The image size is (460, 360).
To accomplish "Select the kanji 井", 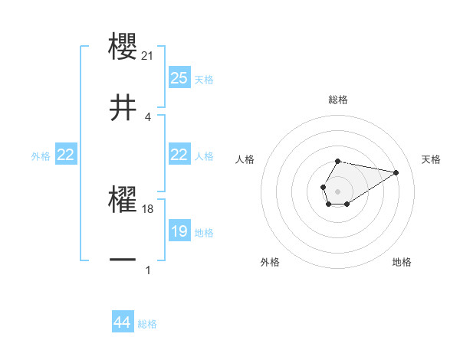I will (123, 108).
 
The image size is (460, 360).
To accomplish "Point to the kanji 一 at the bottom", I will (123, 261).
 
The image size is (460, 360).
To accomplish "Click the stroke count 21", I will (149, 55).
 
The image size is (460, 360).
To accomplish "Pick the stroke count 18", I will (149, 208).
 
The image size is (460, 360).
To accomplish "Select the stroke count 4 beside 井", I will (148, 116).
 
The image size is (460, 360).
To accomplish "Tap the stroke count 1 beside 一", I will (148, 270).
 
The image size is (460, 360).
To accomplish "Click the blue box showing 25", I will (179, 78).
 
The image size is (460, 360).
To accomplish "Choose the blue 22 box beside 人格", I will (179, 155).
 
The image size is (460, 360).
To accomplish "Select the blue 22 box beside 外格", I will (65, 155).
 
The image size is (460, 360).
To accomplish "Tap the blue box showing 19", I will (179, 231).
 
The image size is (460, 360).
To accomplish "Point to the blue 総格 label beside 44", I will (147, 324).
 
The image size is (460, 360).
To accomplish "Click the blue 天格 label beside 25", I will (204, 80).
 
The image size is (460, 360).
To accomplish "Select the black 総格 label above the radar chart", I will (337, 100).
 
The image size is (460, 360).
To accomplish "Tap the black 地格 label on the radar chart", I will (402, 263).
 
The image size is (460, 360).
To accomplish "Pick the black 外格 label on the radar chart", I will (270, 263).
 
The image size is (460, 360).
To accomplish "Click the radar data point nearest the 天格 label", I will (396, 172).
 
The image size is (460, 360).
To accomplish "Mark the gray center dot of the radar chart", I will (337, 190).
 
